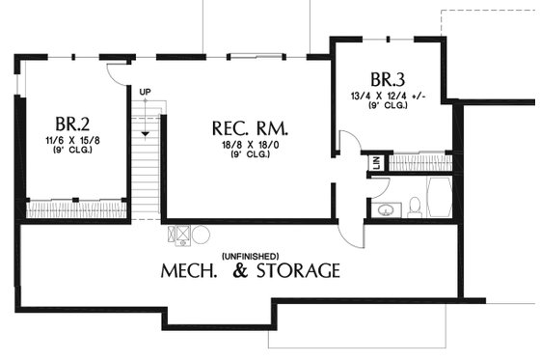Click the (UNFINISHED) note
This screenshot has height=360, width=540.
[250, 255]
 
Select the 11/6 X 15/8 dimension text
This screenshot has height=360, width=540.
[71, 141]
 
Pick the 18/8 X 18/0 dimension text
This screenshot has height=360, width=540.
[249, 145]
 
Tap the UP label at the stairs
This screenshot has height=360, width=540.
[146, 93]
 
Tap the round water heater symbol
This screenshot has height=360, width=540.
[201, 234]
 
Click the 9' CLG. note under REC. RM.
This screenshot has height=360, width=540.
[249, 155]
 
